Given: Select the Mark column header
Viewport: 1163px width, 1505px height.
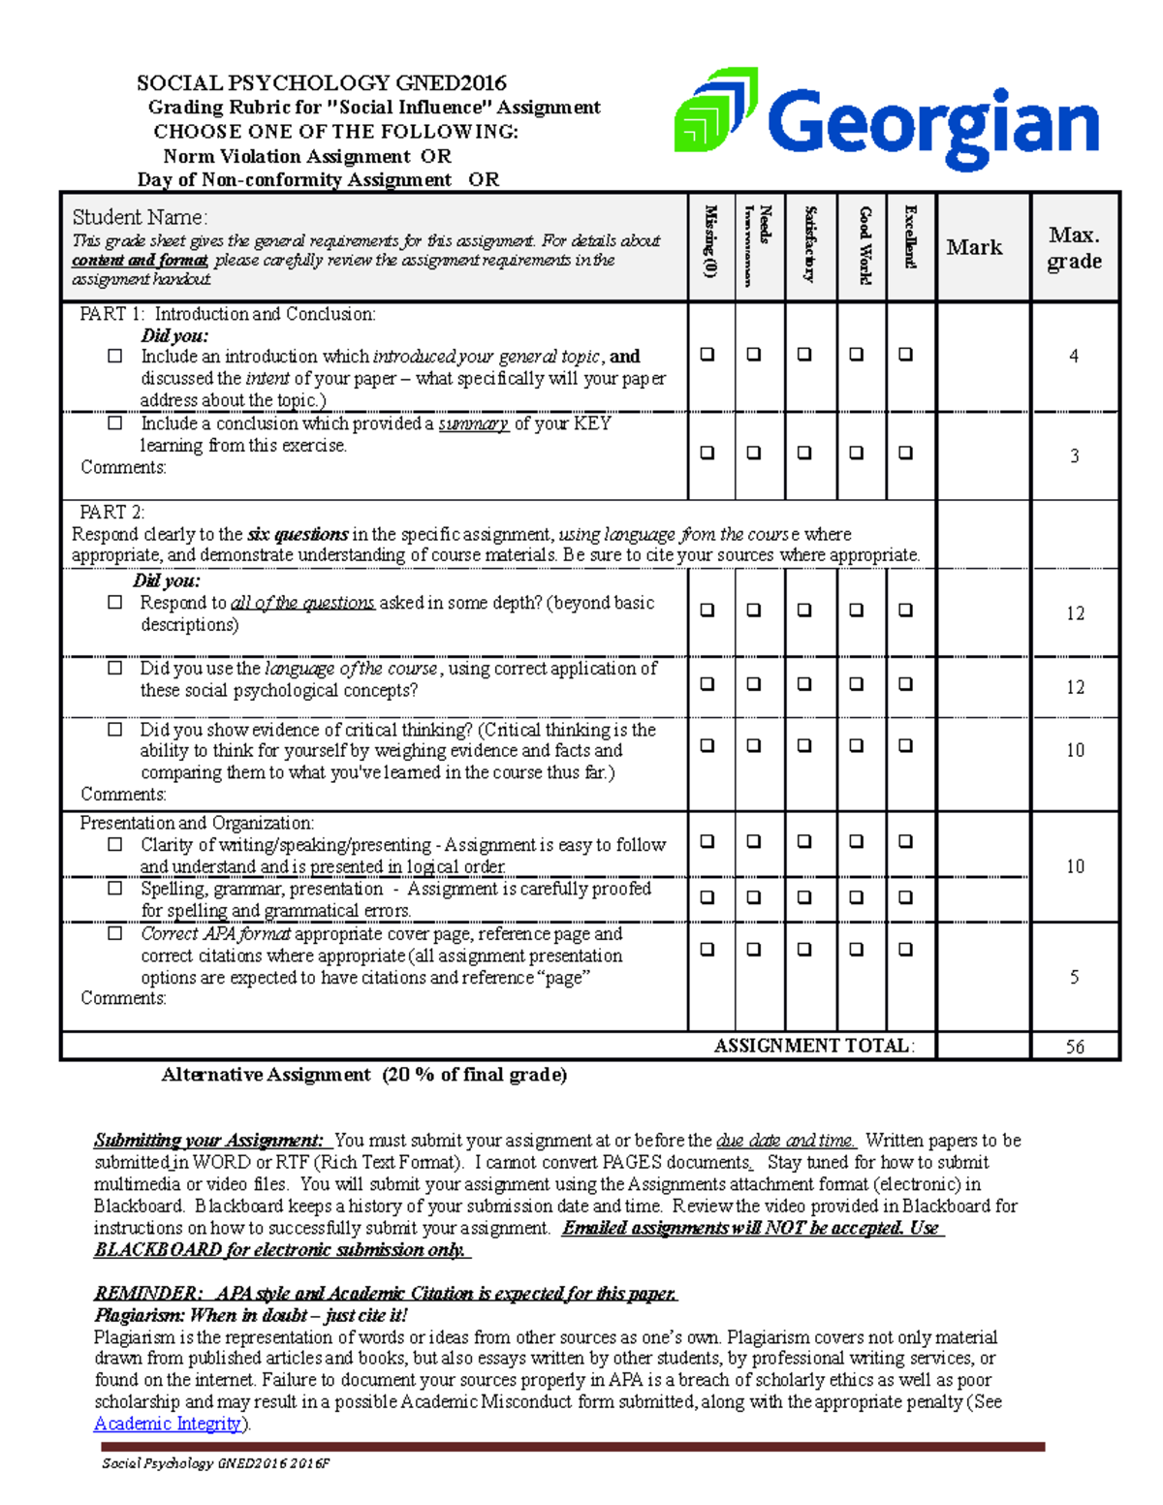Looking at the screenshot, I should [x=974, y=247].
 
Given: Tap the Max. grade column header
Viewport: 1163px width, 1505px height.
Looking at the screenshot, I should [x=1074, y=248].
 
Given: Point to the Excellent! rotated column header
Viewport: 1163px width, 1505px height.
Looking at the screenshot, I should [x=910, y=237].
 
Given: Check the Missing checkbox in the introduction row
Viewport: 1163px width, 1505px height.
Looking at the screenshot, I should [x=707, y=355].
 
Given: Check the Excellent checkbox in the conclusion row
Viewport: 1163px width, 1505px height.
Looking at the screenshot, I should [x=905, y=453].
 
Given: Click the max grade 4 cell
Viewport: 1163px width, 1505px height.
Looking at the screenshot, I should [x=1074, y=356].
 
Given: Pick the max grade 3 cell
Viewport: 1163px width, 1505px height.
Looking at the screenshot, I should [x=1074, y=455].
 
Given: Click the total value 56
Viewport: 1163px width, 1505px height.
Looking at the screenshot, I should [x=1075, y=1047].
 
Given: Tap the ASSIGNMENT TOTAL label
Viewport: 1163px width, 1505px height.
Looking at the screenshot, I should [x=813, y=1046].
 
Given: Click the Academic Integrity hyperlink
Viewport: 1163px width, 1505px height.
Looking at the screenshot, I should [x=168, y=1424].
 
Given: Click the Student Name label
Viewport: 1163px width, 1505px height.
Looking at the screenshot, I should [x=140, y=217].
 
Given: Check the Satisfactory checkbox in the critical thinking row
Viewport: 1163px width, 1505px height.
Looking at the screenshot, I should [x=804, y=746].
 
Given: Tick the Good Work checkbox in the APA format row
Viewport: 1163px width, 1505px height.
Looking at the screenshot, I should [x=856, y=950].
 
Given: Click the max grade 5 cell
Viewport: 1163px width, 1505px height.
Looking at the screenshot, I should [x=1074, y=977].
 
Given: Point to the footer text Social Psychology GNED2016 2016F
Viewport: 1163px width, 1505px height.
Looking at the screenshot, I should [x=215, y=1463].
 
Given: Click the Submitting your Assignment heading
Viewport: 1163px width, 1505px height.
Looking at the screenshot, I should [x=208, y=1141].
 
